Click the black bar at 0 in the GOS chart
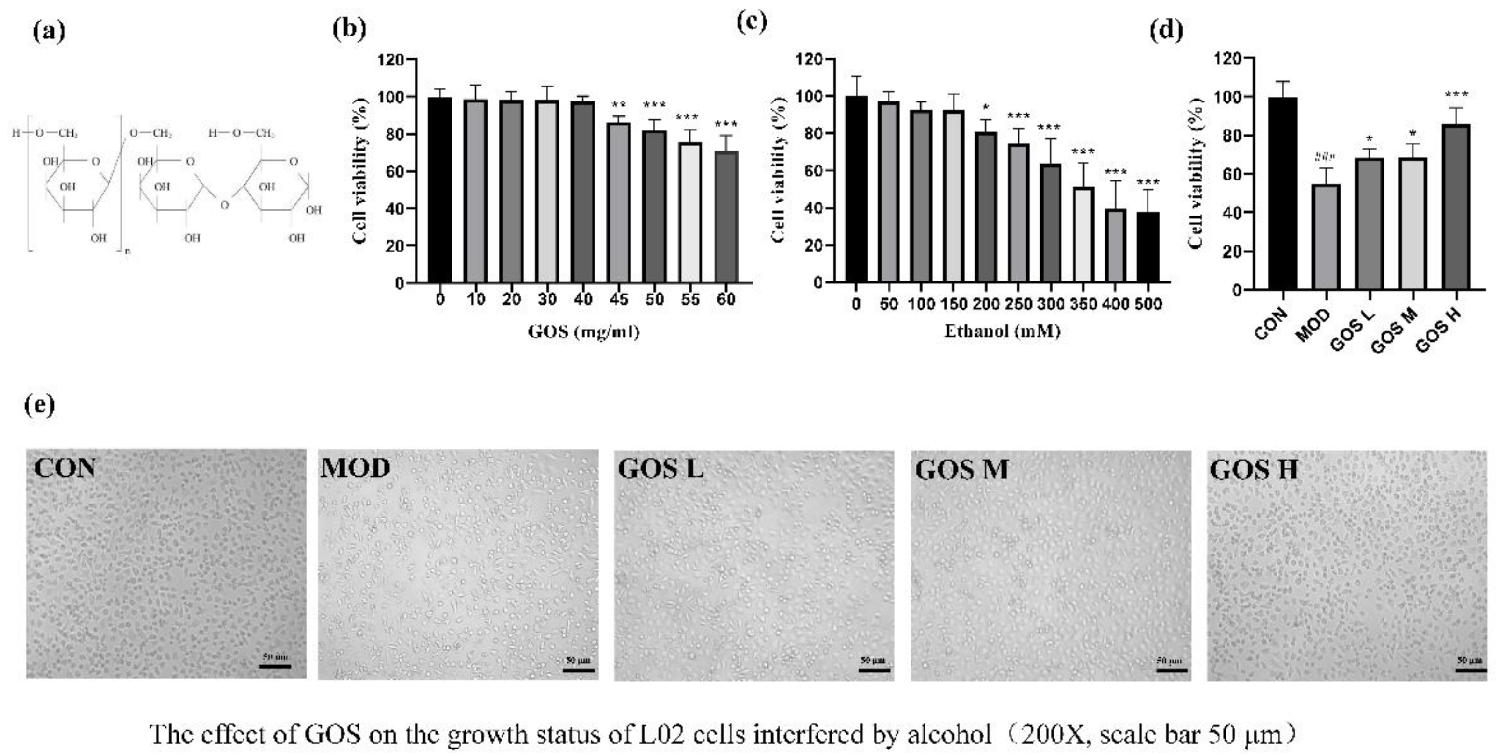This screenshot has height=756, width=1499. [439, 190]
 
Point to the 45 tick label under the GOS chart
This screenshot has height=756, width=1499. [618, 299]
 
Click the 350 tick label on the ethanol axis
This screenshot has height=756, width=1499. [1083, 303]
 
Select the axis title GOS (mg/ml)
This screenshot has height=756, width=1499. [584, 332]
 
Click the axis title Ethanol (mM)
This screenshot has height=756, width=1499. [1002, 331]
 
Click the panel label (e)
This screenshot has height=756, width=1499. [40, 404]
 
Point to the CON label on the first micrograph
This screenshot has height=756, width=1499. [65, 468]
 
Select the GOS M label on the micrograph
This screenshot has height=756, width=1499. [961, 469]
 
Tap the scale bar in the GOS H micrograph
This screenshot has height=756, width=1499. [1470, 670]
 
